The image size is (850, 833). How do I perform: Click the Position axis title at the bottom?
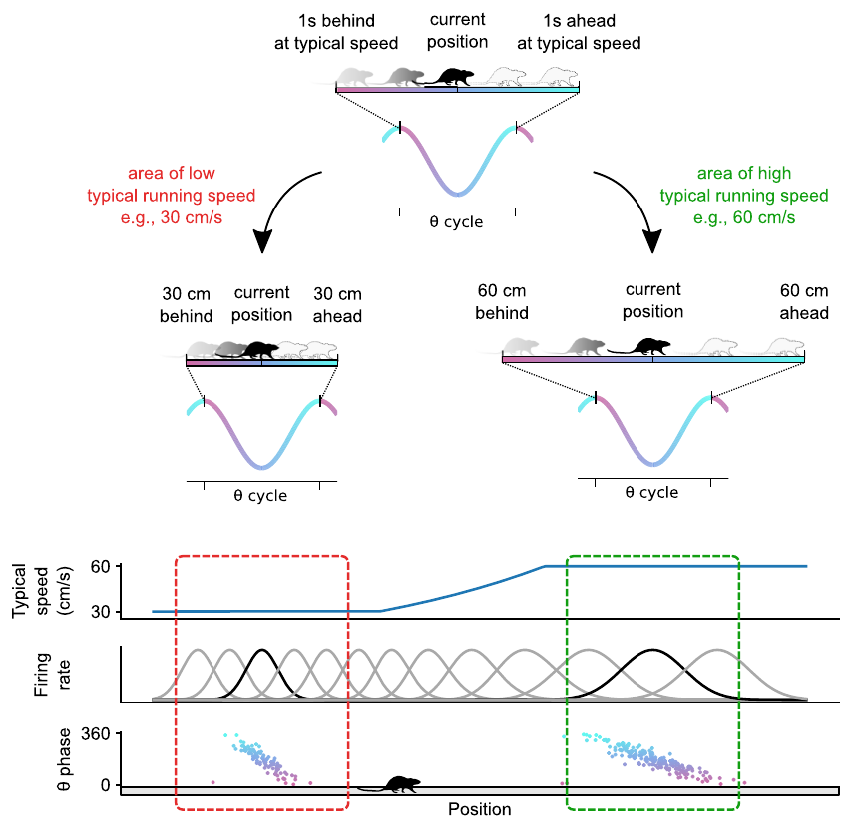(479, 809)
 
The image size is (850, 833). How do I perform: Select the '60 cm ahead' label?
(804, 302)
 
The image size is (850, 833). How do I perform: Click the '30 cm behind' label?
(188, 304)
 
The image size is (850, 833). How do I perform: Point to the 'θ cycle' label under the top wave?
(457, 222)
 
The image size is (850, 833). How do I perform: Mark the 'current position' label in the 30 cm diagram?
(262, 304)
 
